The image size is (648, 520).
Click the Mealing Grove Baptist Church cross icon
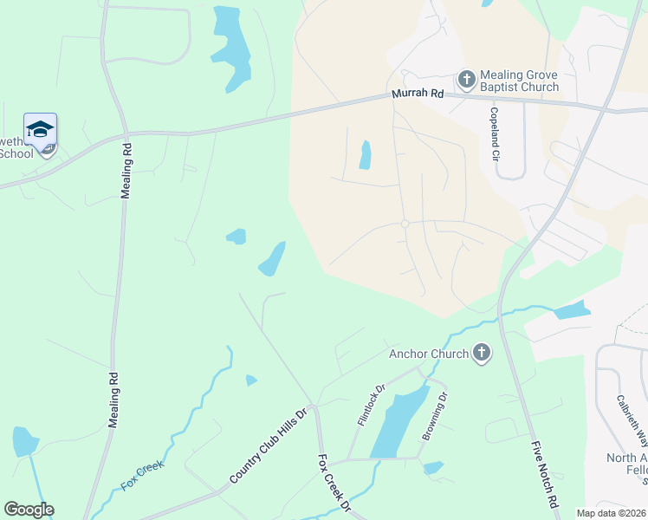pyautogui.click(x=467, y=81)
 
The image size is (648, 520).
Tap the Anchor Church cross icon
pyautogui.click(x=482, y=353)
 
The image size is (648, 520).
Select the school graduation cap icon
pyautogui.click(x=40, y=130)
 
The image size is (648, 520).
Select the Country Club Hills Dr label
pyautogui.click(x=269, y=446)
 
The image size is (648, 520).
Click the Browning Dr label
pyautogui.click(x=434, y=416)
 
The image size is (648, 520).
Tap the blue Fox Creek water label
pyautogui.click(x=142, y=478)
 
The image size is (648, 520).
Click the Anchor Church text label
pyautogui.click(x=428, y=354)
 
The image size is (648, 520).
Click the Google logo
pyautogui.click(x=29, y=510)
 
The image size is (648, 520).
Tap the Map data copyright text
pyautogui.click(x=612, y=513)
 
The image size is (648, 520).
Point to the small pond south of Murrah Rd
pyautogui.click(x=366, y=155)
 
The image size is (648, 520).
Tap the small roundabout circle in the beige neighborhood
pyautogui.click(x=405, y=224)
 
